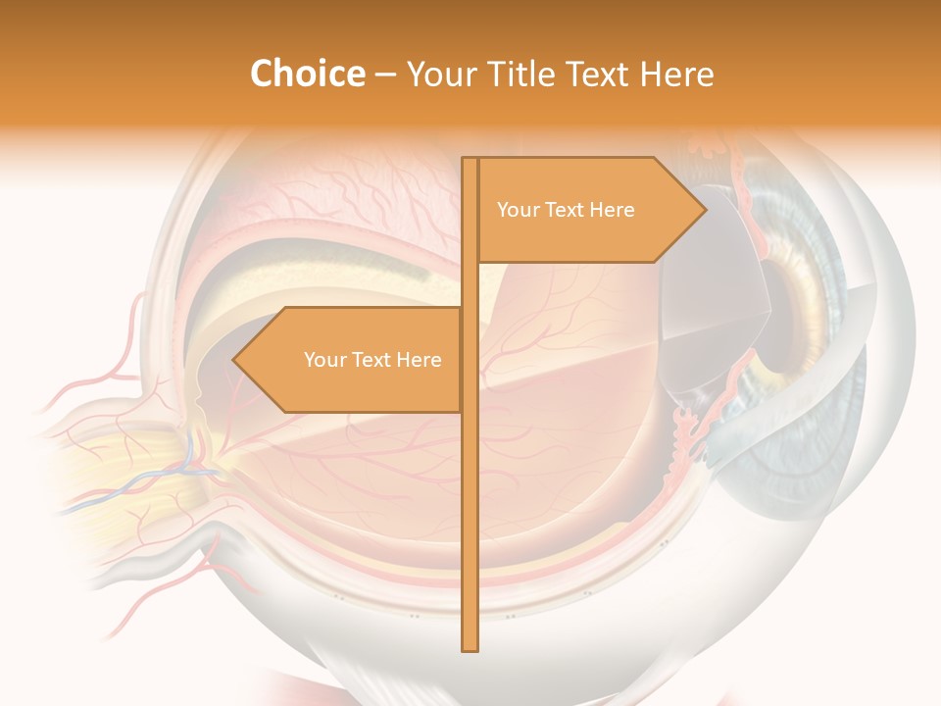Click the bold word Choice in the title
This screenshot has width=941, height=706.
pos(307,75)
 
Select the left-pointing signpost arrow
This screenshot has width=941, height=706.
pos(353,360)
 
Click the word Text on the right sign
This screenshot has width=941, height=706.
pos(566,210)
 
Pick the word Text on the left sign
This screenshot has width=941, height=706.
pos(372,360)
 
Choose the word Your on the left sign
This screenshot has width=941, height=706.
pos(324,360)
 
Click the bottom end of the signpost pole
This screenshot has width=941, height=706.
pos(470,645)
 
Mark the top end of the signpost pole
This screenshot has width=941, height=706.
pos(470,162)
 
